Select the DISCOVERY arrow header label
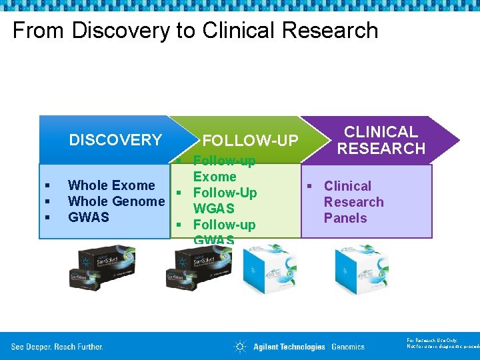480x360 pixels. tap(115, 140)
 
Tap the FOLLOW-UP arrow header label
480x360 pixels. tap(250, 141)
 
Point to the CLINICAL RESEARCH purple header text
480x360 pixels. tap(381, 140)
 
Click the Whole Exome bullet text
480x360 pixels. tap(111, 185)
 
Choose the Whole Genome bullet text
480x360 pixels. tap(116, 201)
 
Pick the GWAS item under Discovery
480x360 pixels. tap(89, 217)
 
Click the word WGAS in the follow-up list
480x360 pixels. tap(213, 209)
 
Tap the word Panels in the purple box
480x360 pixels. tap(345, 218)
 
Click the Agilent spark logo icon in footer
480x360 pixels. tap(240, 347)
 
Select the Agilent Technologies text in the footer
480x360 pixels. tap(289, 347)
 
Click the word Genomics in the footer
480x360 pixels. tap(348, 347)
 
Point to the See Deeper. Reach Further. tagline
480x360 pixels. tap(57, 347)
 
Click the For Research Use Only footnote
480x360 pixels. tap(442, 343)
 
